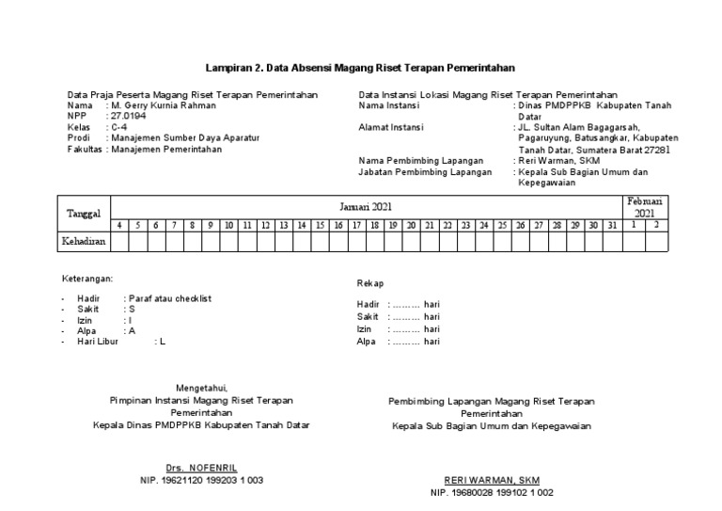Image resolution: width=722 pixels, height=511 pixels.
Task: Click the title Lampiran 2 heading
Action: (360, 69)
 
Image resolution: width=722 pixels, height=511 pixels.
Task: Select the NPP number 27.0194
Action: (129, 117)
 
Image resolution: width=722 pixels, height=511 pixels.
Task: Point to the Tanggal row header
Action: (85, 214)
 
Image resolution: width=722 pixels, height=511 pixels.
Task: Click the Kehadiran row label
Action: (85, 242)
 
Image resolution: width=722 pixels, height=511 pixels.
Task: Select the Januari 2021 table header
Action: (365, 206)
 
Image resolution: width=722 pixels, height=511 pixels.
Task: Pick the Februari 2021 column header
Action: (645, 207)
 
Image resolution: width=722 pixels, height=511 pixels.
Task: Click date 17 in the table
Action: (355, 226)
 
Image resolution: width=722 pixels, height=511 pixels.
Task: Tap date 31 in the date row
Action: (611, 226)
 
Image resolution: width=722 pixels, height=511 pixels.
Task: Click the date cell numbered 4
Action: (119, 226)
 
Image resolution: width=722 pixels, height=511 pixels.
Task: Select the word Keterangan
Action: (87, 279)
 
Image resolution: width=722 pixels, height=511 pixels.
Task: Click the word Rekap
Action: (370, 283)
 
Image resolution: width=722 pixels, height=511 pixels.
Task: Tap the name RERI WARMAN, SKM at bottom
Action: (492, 479)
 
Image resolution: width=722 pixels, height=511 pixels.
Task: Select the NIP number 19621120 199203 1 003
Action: (201, 480)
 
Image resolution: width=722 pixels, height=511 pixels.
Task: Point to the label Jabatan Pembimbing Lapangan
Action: (425, 172)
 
